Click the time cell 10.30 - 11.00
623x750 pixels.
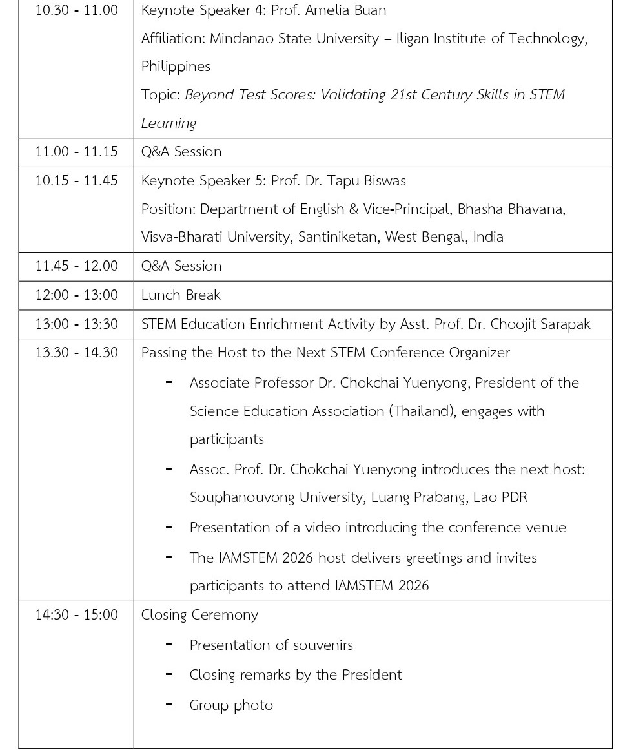[x=76, y=10]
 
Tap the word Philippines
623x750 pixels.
[x=176, y=67]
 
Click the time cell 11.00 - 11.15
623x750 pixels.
[x=76, y=152]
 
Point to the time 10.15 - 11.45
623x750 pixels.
[x=76, y=181]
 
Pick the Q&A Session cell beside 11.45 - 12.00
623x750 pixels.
[x=181, y=266]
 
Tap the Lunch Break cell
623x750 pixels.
[x=181, y=295]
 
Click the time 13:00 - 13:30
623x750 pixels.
[x=76, y=324]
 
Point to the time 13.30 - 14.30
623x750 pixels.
[x=76, y=353]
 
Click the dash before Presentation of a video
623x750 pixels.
[x=169, y=526]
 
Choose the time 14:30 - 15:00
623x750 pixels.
[x=76, y=615]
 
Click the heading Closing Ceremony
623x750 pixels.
[x=199, y=615]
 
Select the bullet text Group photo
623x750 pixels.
[x=231, y=705]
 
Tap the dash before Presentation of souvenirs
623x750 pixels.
[x=169, y=644]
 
